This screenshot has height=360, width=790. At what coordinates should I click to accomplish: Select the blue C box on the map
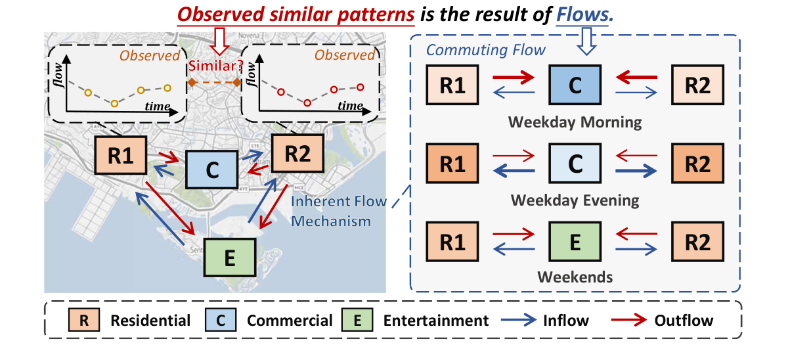point(211,169)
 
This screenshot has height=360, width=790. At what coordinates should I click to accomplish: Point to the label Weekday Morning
point(575,122)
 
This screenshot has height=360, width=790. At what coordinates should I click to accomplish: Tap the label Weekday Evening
point(575,200)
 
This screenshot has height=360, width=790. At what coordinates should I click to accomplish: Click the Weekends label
point(575,277)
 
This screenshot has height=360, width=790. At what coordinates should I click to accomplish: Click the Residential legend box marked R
point(83,321)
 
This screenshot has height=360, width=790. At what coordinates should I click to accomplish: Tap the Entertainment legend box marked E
point(357,321)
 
